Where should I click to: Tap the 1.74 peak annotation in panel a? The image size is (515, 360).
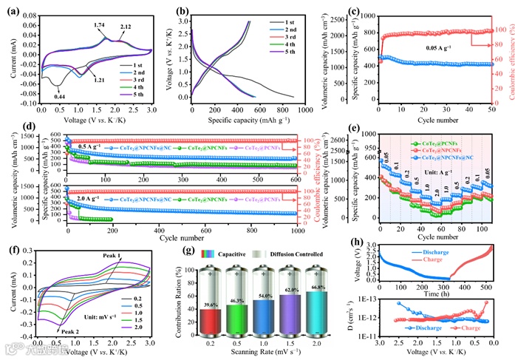point(99,25)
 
